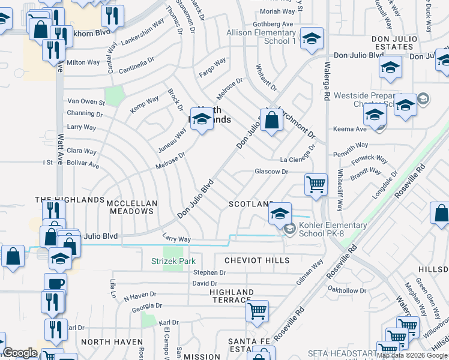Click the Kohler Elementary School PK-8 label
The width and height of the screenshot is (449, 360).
pos(333,229)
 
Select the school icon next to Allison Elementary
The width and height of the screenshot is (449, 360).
pos(311,39)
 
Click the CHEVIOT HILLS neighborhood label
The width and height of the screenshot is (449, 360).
pos(257,260)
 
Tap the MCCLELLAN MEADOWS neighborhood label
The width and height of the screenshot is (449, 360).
pos(131,208)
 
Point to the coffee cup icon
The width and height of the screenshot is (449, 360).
pos(55,283)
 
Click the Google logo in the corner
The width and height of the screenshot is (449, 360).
pos(20,353)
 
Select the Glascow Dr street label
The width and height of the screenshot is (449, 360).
pos(271,172)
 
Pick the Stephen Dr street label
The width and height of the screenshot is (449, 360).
pos(209,272)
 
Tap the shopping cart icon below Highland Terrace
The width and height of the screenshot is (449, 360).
pos(257,311)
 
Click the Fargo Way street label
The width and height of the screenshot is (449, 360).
pos(212,63)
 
